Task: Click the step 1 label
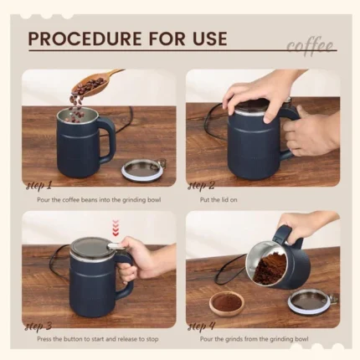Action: point(39,185)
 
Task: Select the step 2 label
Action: point(202,185)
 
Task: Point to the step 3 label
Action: point(39,326)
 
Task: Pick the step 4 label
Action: point(202,326)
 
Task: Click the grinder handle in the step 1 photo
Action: point(106,138)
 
